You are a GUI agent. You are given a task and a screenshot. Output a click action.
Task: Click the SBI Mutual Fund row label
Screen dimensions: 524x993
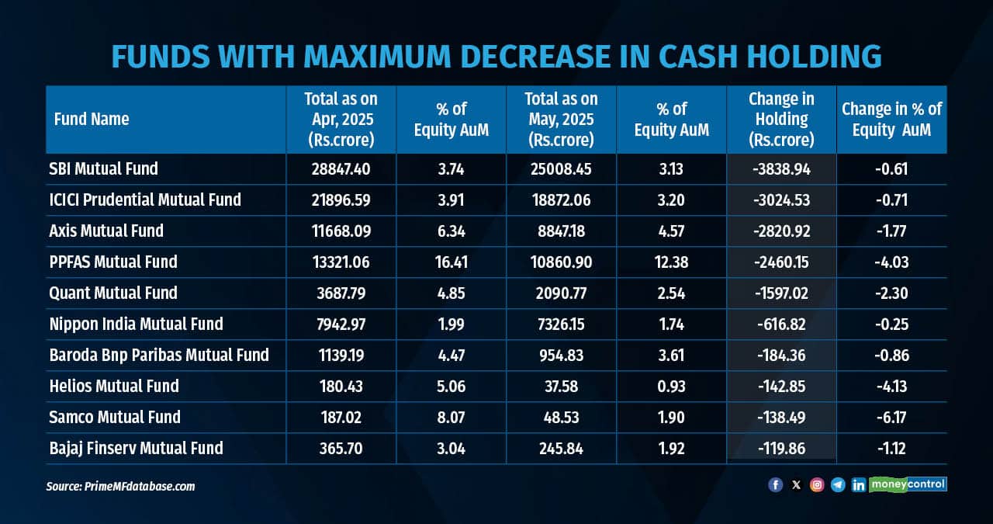[102, 168]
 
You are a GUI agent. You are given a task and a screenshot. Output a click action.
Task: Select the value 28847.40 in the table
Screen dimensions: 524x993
[341, 168]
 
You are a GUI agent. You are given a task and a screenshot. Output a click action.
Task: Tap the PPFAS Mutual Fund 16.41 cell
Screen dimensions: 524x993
[451, 262]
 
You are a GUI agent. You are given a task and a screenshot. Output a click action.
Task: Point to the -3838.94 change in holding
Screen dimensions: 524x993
[781, 168]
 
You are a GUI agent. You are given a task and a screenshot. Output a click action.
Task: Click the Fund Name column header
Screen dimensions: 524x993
[92, 119]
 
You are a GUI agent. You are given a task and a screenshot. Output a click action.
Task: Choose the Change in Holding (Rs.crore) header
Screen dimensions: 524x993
[781, 119]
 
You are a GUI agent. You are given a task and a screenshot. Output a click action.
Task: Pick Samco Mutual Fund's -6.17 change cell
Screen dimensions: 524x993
[891, 417]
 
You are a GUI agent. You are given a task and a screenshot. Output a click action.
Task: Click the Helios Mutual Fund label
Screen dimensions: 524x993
[113, 386]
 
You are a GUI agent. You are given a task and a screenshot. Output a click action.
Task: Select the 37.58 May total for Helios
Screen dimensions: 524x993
[561, 386]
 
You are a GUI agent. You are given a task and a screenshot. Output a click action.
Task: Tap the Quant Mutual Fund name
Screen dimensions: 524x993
[112, 293]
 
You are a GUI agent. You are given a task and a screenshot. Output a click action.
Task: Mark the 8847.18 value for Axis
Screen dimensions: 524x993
[561, 231]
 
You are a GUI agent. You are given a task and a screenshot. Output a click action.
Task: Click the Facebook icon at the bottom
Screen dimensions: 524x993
[775, 484]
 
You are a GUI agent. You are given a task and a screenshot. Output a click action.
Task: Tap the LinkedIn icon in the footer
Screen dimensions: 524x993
[858, 484]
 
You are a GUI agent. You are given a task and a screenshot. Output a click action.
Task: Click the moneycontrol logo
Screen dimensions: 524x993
[908, 484]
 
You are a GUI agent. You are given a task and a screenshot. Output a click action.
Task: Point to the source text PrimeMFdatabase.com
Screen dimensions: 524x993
[120, 487]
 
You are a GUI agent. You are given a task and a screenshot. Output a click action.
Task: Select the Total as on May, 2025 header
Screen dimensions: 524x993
[561, 119]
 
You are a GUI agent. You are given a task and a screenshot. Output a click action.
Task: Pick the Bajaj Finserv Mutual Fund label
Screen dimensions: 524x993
[135, 448]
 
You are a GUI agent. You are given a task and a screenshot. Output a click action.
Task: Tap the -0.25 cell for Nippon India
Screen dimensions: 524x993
[891, 324]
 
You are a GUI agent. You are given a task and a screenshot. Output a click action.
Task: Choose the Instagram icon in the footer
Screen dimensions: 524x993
[817, 484]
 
